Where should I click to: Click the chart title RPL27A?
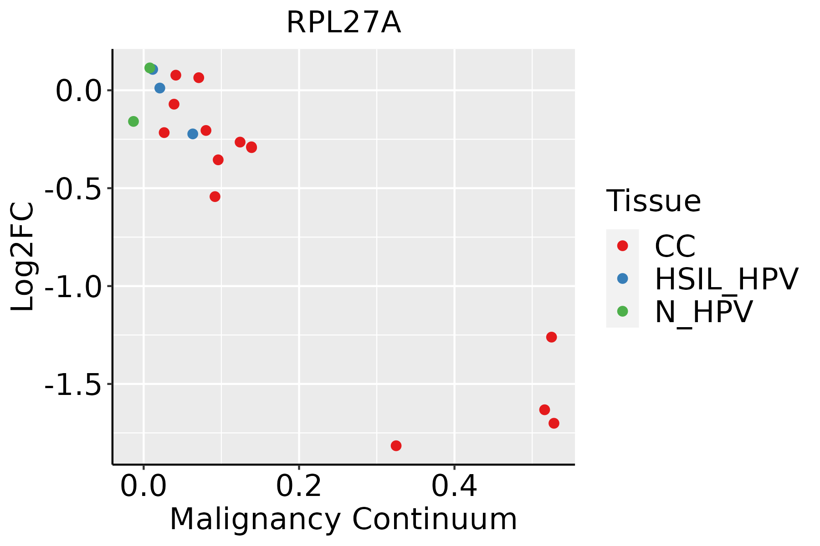(x=343, y=23)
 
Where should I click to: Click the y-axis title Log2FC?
(x=23, y=257)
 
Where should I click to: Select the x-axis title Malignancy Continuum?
(x=343, y=519)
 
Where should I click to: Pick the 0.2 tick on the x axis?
(x=299, y=486)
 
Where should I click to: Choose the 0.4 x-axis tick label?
(x=454, y=486)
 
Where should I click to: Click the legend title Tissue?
(x=653, y=201)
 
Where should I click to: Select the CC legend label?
(x=675, y=246)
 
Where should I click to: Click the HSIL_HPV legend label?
(x=726, y=279)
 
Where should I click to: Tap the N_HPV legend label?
(x=703, y=312)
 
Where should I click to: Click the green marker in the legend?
(x=622, y=311)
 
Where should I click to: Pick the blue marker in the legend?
(x=622, y=278)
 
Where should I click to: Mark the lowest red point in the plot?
(x=396, y=445)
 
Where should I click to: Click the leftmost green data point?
(x=133, y=121)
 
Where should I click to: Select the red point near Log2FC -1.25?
(x=551, y=337)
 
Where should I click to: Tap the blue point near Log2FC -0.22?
(x=193, y=134)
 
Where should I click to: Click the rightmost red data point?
(x=554, y=423)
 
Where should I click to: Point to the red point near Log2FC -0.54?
(x=215, y=197)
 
